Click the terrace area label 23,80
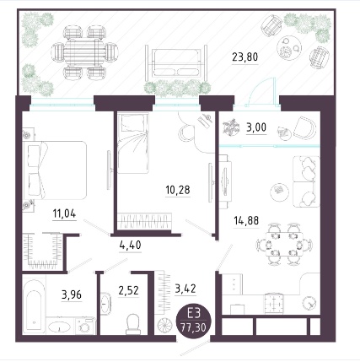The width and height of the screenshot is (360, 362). (x=244, y=57)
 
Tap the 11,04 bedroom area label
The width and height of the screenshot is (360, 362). (x=64, y=213)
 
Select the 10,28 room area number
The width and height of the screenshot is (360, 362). (x=178, y=190)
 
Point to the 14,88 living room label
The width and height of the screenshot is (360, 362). (x=246, y=220)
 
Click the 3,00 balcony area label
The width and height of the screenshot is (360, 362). (x=256, y=127)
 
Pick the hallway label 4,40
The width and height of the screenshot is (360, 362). (x=130, y=245)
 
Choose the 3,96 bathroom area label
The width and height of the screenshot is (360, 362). (x=72, y=294)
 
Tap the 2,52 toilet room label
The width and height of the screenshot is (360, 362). (x=128, y=290)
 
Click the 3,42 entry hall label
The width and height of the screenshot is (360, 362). (x=185, y=289)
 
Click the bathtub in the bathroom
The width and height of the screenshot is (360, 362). (x=35, y=305)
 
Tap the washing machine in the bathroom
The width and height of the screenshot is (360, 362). (x=85, y=326)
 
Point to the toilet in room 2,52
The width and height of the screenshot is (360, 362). (x=132, y=322)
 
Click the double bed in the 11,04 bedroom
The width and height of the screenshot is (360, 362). (x=54, y=170)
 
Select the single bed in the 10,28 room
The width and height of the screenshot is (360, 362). (x=133, y=143)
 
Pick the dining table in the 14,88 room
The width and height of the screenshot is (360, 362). (x=284, y=244)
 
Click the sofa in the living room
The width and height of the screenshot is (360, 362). (x=306, y=181)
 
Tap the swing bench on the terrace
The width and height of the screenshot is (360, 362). (x=176, y=63)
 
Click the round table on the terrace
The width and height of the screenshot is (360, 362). (x=289, y=48)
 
